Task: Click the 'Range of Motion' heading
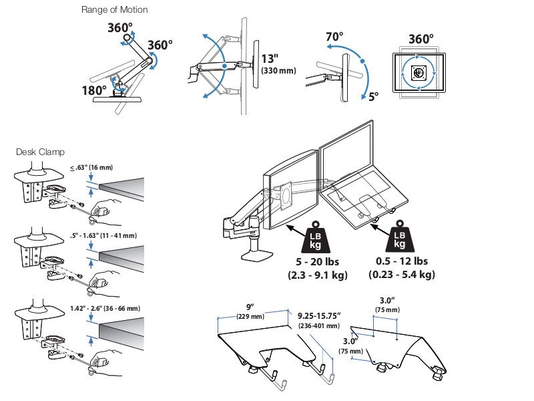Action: click(x=114, y=10)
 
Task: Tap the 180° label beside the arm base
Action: click(x=95, y=90)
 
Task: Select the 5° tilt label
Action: click(x=372, y=96)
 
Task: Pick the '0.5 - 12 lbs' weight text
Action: click(x=402, y=261)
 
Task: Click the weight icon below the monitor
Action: click(x=316, y=237)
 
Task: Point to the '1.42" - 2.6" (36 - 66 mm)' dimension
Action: click(x=105, y=308)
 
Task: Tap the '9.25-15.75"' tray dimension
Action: click(x=320, y=315)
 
